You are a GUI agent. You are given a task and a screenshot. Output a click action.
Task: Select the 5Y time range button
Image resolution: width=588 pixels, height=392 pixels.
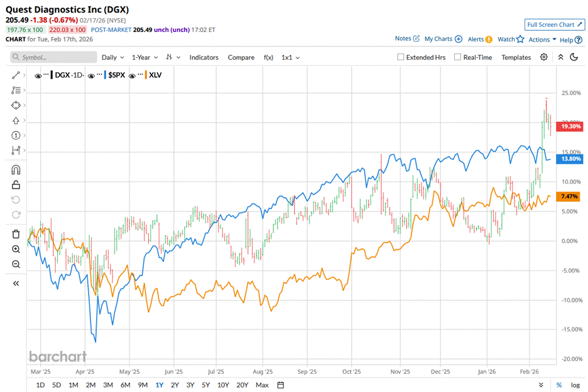click(x=206, y=384)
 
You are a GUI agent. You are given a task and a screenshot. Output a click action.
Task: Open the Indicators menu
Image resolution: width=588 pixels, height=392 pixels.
click(x=204, y=57)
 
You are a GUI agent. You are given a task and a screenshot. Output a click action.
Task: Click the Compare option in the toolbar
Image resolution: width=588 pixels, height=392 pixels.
click(x=241, y=57)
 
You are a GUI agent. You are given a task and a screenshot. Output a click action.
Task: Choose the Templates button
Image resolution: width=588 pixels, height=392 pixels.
click(x=516, y=57)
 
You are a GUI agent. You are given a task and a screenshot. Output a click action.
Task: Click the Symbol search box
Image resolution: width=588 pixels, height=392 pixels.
click(x=54, y=57)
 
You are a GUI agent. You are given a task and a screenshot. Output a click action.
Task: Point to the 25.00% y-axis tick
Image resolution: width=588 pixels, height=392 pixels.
click(x=569, y=93)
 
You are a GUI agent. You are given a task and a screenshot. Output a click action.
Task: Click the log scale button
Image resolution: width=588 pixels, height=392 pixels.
click(x=575, y=384)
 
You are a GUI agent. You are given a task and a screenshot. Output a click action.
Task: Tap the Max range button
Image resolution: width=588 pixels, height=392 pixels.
click(x=262, y=384)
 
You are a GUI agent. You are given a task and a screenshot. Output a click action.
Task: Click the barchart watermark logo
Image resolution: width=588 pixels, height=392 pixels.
click(x=58, y=357)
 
